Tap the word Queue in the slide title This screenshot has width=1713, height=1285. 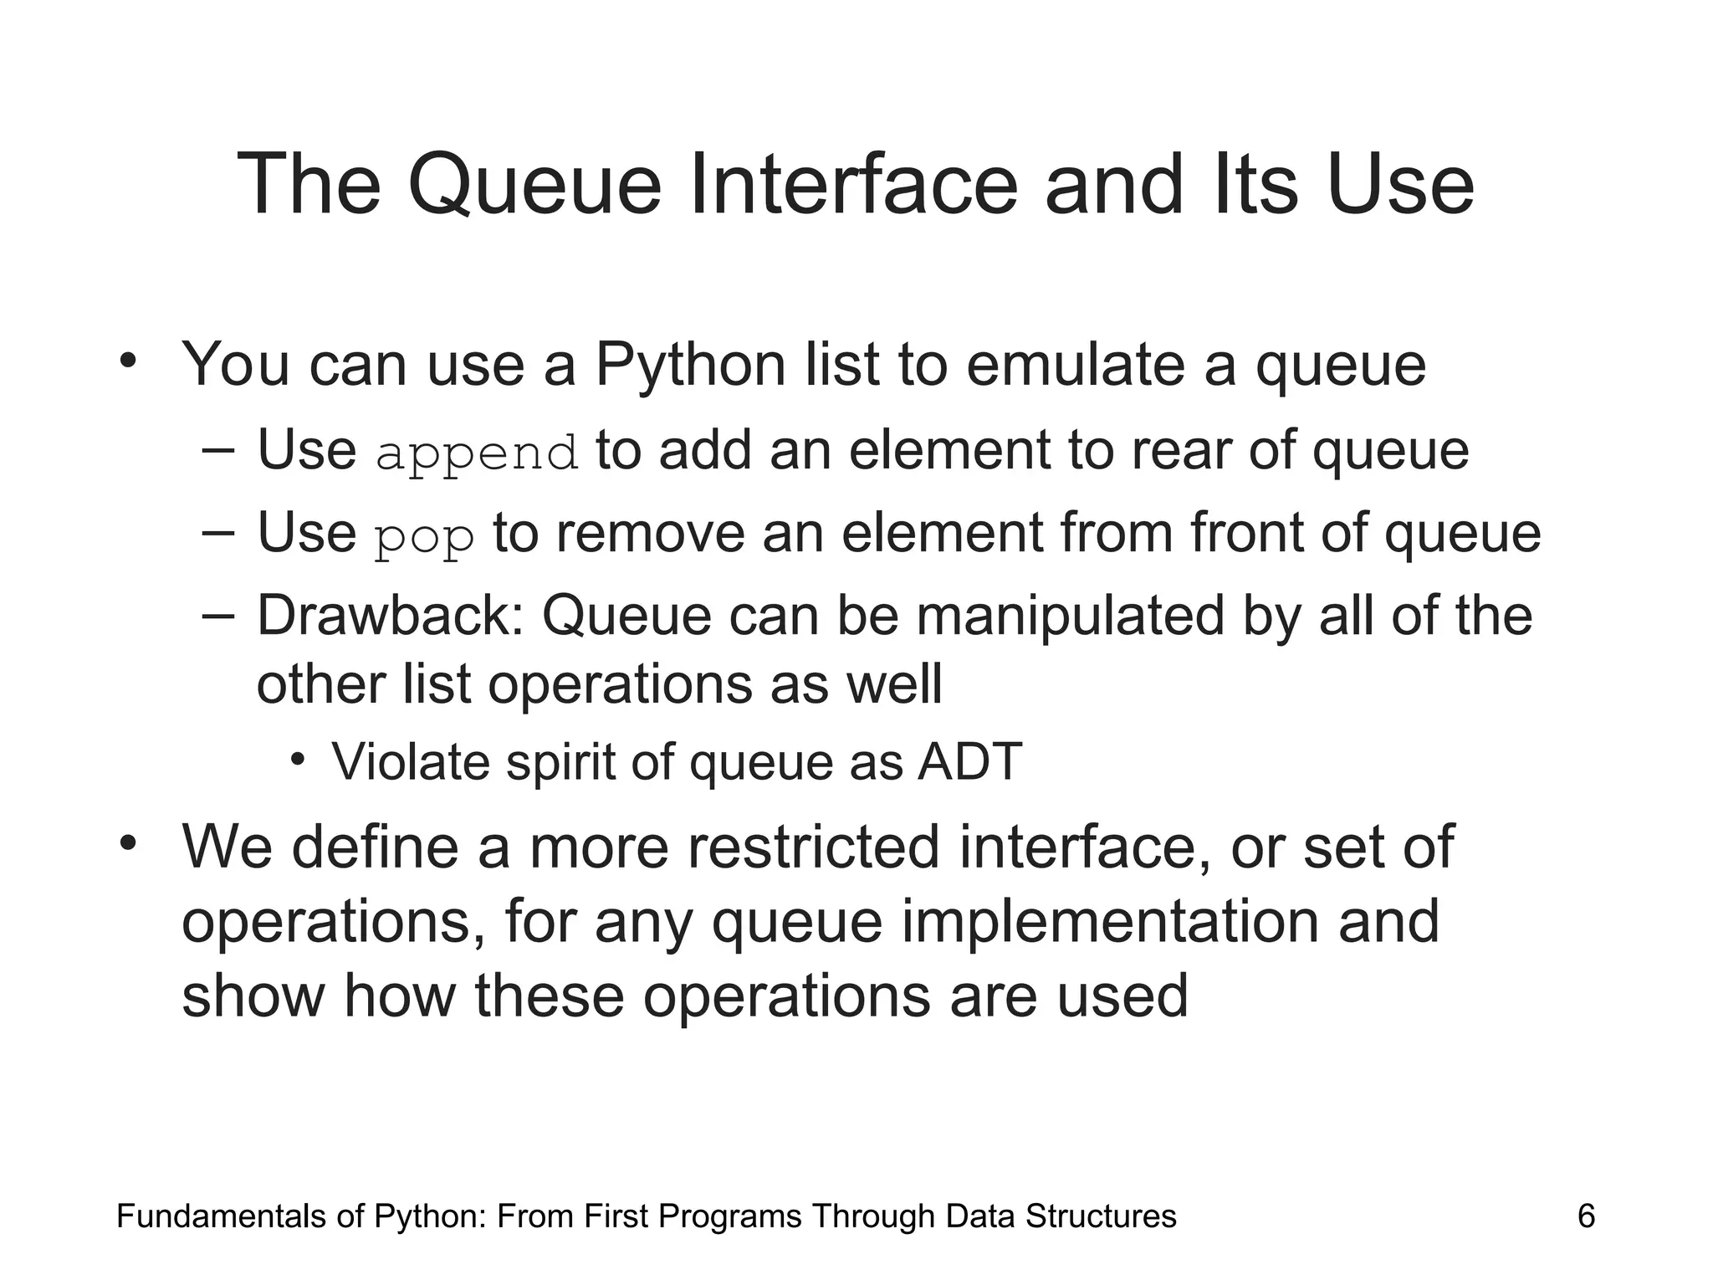point(534,186)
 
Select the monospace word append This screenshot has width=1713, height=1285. point(477,453)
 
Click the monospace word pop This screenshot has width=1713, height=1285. point(425,537)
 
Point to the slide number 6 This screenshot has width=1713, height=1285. point(1586,1216)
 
